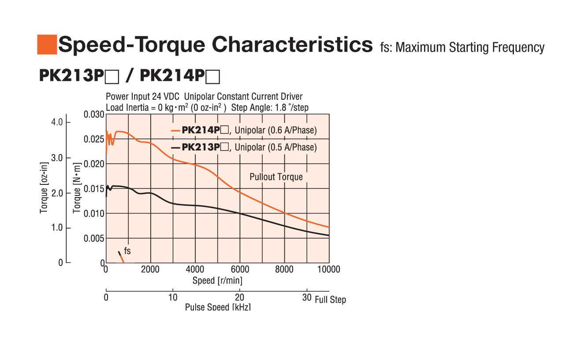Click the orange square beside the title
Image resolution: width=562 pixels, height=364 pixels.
(x=47, y=44)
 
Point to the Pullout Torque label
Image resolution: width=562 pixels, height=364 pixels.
(x=276, y=177)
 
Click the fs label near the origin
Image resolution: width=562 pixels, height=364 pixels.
(x=127, y=251)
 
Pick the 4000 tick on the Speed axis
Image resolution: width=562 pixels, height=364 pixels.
(x=195, y=269)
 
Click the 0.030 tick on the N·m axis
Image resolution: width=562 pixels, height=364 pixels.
(x=94, y=115)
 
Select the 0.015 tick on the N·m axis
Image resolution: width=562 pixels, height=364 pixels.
(x=94, y=189)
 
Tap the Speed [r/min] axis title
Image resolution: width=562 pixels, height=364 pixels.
(x=217, y=280)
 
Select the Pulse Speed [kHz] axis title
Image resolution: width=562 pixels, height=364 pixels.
(x=218, y=307)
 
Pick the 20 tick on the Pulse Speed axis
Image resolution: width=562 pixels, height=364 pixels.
(x=239, y=297)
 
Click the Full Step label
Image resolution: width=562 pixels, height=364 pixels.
(x=330, y=300)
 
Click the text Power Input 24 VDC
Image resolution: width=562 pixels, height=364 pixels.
(x=142, y=97)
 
